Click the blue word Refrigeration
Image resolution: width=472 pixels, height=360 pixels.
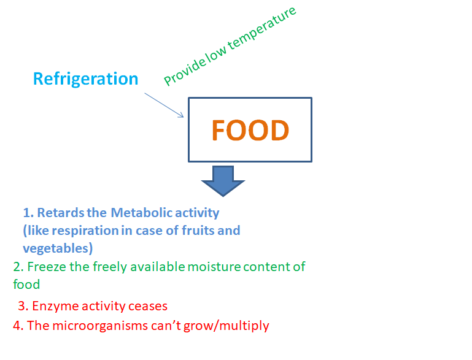85,79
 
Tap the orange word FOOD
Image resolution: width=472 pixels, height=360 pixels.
250,130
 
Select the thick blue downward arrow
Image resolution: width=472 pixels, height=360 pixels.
223,181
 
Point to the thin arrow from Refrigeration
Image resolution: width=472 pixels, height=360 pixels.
164,105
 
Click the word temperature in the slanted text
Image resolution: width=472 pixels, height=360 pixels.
262,28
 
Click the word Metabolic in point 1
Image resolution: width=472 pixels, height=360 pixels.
141,213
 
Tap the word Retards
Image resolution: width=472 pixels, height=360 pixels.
61,213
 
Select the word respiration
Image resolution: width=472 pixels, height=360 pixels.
85,231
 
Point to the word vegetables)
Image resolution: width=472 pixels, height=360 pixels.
58,248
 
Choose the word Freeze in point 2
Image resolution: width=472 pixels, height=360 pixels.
47,267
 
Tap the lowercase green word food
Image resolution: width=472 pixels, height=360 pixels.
26,284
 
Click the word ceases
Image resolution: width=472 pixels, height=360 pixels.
148,306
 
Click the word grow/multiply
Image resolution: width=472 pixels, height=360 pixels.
226,326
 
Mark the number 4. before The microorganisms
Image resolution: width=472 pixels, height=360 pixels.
18,326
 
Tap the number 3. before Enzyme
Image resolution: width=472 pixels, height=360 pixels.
23,306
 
